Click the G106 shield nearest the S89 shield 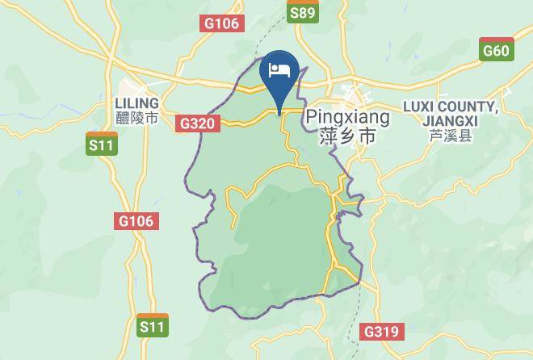pyautogui.click(x=221, y=23)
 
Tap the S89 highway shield pyautogui.click(x=303, y=11)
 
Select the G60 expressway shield pyautogui.click(x=495, y=50)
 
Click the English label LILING pyautogui.click(x=137, y=103)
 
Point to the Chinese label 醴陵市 pyautogui.click(x=137, y=119)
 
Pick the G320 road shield pyautogui.click(x=198, y=123)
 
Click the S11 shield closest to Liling pyautogui.click(x=102, y=144)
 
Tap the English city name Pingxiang pyautogui.click(x=348, y=117)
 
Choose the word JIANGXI pyautogui.click(x=450, y=120)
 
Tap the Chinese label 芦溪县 pyautogui.click(x=450, y=136)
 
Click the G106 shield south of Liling pyautogui.click(x=136, y=220)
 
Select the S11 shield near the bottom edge pyautogui.click(x=152, y=325)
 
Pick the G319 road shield pyautogui.click(x=381, y=331)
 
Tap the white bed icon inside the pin pyautogui.click(x=279, y=69)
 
